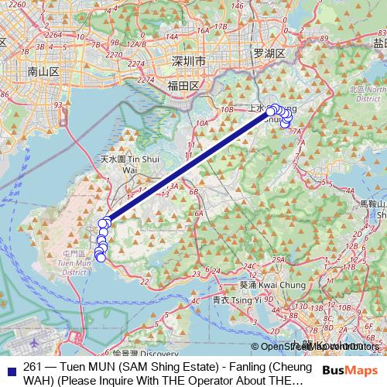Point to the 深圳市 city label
(x=188, y=60)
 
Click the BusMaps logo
(x=348, y=372)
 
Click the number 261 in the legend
(x=33, y=366)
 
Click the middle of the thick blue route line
(x=189, y=166)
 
